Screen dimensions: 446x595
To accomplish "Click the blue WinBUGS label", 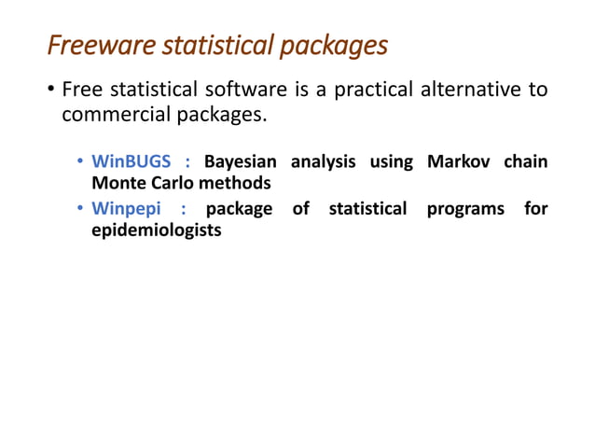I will click(x=131, y=161).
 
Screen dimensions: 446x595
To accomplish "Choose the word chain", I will click(x=526, y=161).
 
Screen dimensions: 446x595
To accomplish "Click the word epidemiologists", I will click(x=156, y=230).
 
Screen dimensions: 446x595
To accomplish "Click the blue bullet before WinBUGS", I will click(x=81, y=162).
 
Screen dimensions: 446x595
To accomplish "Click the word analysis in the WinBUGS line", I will click(x=324, y=162).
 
